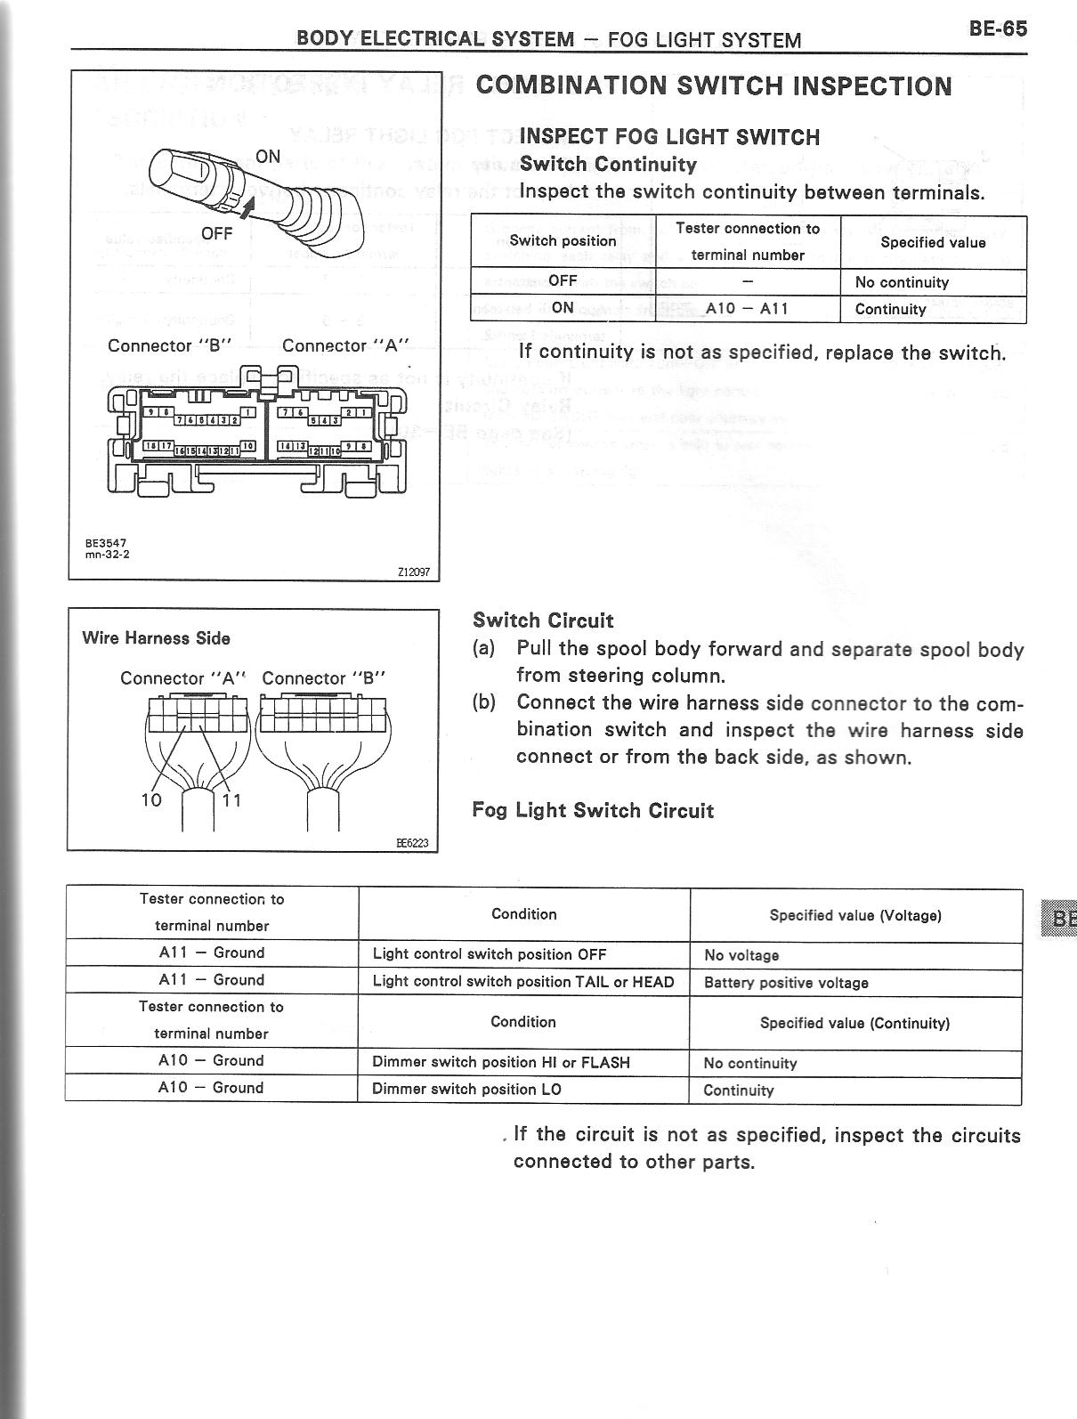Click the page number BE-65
click(998, 28)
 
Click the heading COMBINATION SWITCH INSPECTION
click(714, 86)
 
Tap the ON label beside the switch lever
click(268, 157)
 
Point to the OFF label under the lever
click(216, 234)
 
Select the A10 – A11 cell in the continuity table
click(747, 309)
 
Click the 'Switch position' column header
click(563, 241)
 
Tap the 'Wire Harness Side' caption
click(156, 638)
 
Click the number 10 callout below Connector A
click(151, 799)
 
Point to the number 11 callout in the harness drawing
click(232, 799)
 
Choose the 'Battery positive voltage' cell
click(786, 983)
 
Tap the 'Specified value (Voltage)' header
click(855, 915)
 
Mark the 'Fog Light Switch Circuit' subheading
click(593, 811)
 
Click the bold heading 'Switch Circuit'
click(543, 620)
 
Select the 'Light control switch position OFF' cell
click(490, 954)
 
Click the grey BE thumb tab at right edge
click(1061, 919)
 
